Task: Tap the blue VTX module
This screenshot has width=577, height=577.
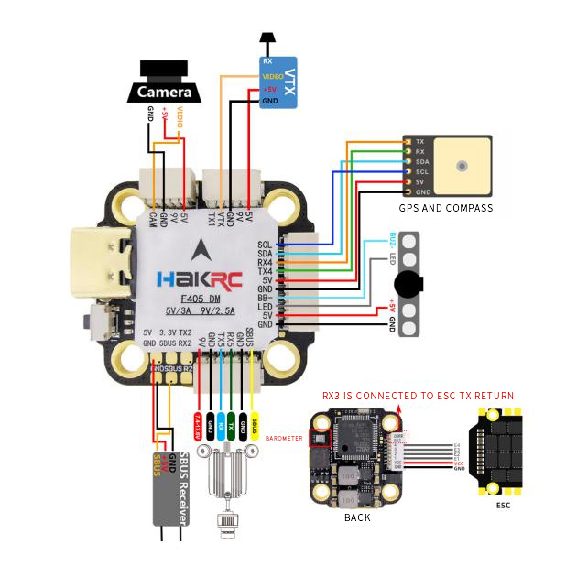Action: click(279, 82)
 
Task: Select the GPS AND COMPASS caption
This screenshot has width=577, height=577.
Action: click(446, 208)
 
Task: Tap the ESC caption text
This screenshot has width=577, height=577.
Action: click(503, 505)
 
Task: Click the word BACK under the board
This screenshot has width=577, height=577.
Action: click(356, 517)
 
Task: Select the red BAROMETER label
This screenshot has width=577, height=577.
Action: click(284, 439)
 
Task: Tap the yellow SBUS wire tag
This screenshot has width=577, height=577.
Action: click(254, 424)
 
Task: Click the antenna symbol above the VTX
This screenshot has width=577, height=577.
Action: click(267, 42)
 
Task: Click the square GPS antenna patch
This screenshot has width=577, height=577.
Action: click(463, 167)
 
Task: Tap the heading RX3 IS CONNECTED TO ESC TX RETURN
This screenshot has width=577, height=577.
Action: click(418, 396)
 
